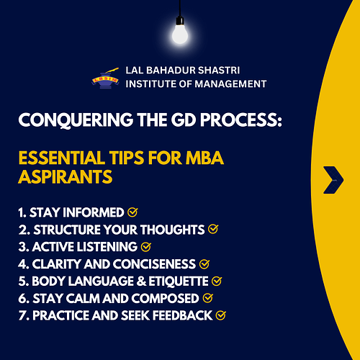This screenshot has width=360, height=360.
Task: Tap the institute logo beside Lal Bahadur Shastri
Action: tap(104, 78)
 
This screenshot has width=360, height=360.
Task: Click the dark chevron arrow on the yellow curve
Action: tap(333, 179)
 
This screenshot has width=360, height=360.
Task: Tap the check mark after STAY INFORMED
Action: tap(132, 213)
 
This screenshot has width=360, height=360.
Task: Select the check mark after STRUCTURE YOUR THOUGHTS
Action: tap(212, 230)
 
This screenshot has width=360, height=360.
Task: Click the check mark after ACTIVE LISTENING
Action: tap(146, 247)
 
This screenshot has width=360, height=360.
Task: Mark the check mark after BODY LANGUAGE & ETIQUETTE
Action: tap(217, 281)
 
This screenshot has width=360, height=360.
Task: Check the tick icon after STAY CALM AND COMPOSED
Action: tap(208, 297)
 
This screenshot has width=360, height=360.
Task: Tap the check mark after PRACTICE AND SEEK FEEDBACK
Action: tap(220, 315)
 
